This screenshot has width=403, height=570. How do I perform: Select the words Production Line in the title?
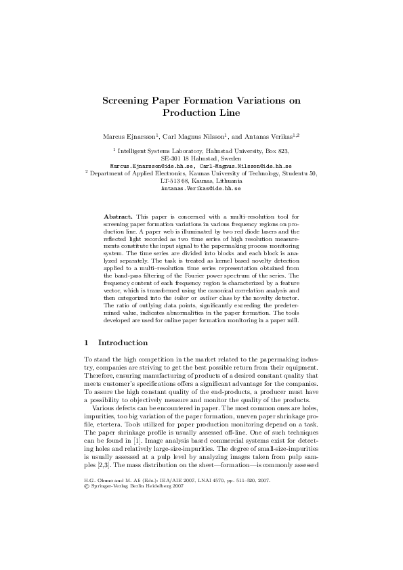point(201,112)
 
